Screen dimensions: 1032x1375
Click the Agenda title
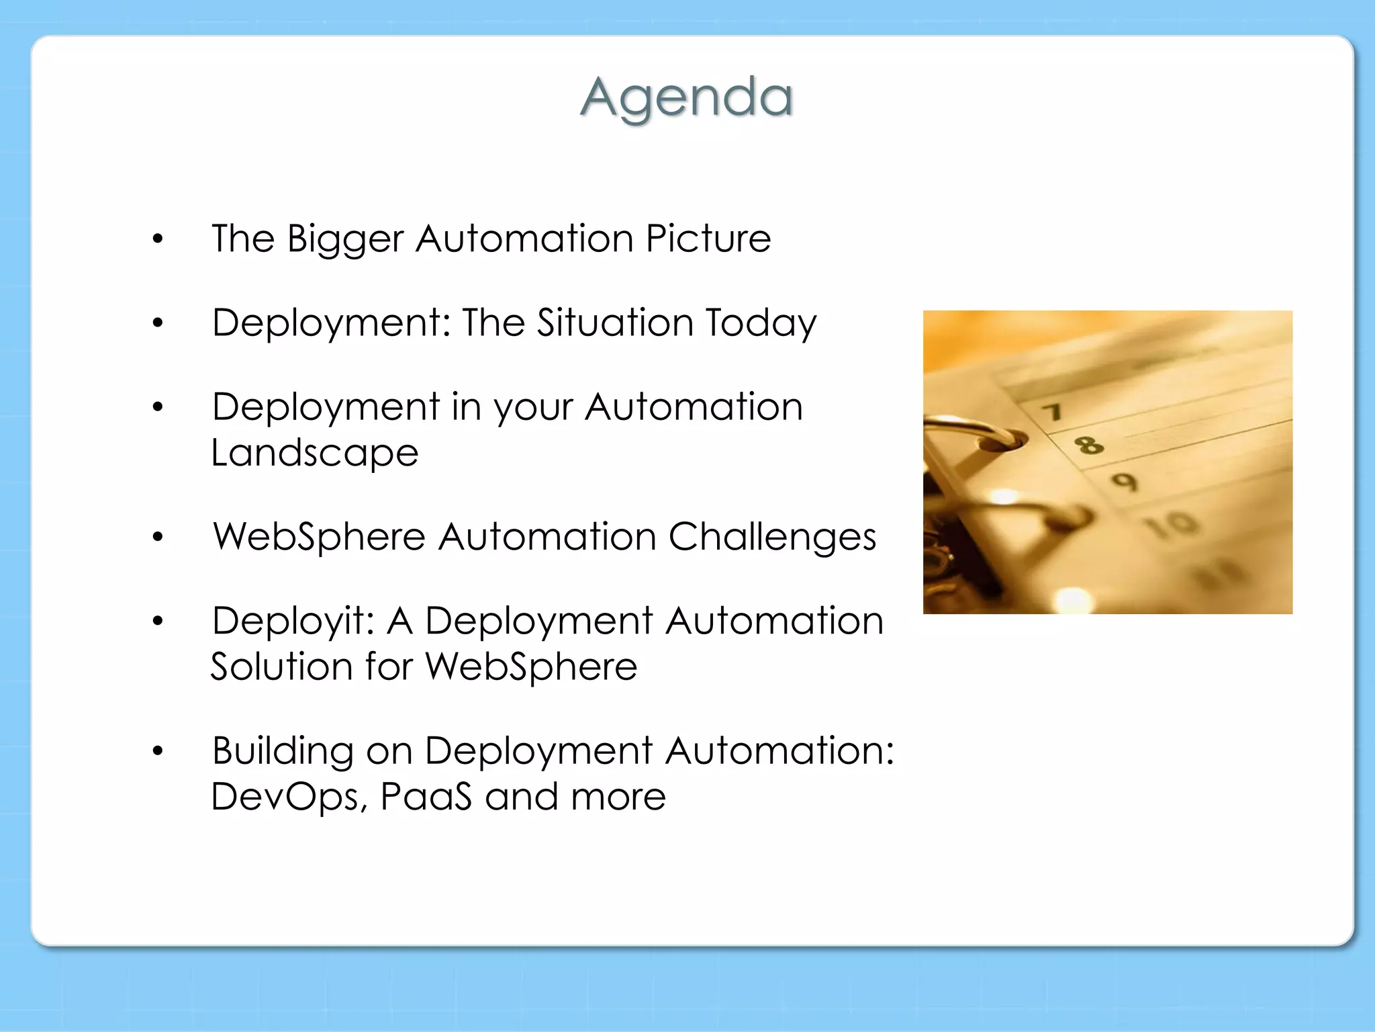[x=686, y=97]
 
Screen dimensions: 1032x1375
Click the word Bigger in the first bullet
[x=345, y=240]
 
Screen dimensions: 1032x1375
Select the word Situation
[x=615, y=322]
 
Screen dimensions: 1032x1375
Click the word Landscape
[x=314, y=453]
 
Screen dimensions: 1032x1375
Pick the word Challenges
[x=772, y=537]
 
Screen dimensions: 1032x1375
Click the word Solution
[x=281, y=666]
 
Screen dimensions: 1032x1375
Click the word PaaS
[x=426, y=797]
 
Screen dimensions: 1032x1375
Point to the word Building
[x=283, y=751]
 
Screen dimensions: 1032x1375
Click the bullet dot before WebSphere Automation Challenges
[x=158, y=537]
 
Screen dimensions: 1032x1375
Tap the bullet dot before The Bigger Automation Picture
[x=158, y=239]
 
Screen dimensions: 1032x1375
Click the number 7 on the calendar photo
[x=1052, y=411]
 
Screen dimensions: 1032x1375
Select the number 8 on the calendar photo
[x=1088, y=444]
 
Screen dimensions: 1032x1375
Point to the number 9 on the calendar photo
[x=1125, y=481]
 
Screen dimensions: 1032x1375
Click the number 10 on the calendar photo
[x=1172, y=523]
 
